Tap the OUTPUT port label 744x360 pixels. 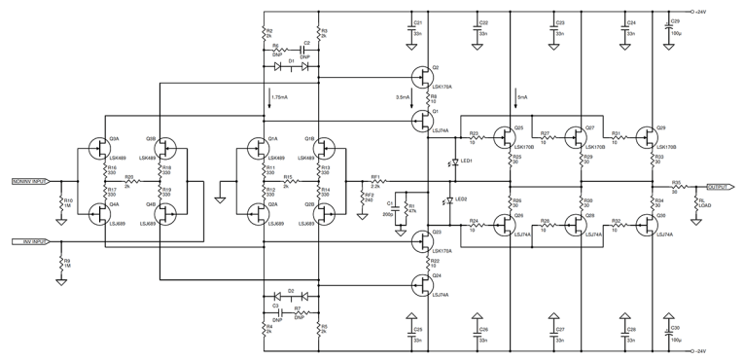(720, 187)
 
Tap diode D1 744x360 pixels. (290, 65)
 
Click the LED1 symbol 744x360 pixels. (455, 161)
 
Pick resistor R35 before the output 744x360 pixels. (676, 187)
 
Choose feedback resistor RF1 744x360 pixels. (375, 182)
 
